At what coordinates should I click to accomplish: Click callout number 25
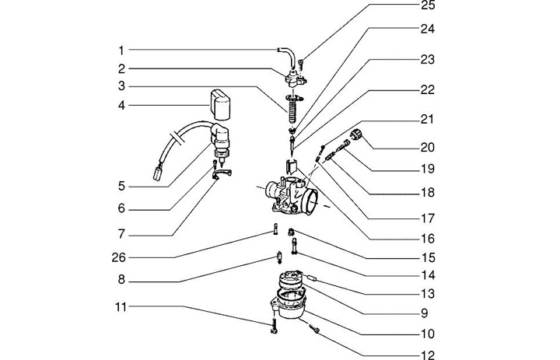[428, 5]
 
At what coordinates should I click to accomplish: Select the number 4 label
[121, 106]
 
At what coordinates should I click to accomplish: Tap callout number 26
[118, 257]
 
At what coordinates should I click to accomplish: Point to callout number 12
[428, 355]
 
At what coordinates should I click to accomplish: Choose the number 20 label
[427, 147]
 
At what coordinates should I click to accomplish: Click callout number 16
[427, 239]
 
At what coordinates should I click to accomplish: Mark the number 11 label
[121, 307]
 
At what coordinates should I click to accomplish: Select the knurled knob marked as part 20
[356, 135]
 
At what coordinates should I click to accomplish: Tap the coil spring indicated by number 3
[292, 110]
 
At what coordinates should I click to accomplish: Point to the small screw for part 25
[301, 65]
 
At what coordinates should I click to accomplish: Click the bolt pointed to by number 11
[274, 326]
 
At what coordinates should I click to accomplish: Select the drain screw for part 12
[314, 329]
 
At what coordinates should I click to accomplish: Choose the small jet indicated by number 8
[279, 257]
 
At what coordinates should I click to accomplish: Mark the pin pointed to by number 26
[275, 229]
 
